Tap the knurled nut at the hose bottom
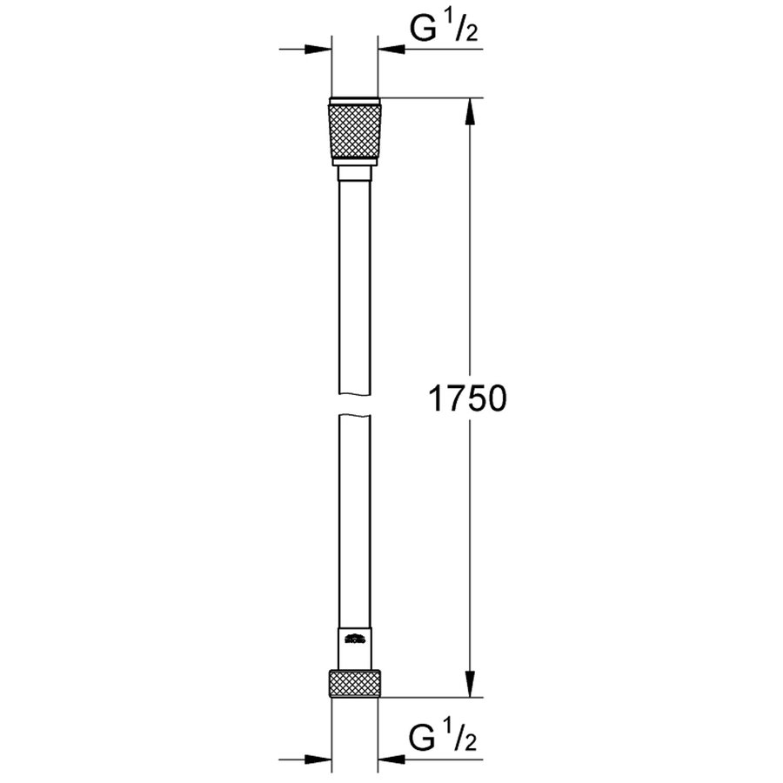point(354,683)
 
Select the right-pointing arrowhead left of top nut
point(318,49)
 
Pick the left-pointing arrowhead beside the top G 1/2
point(391,49)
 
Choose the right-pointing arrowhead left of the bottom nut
point(318,759)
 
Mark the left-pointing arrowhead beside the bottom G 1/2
point(391,759)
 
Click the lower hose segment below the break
point(354,522)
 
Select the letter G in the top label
point(424,31)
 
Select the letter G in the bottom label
point(424,741)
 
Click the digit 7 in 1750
point(455,399)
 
